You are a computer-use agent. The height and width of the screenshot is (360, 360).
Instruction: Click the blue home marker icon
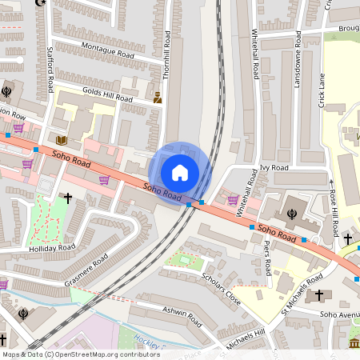(180, 172)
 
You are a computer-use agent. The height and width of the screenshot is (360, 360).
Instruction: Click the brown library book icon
(59, 138)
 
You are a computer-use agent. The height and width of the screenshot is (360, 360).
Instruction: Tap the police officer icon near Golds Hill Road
(158, 98)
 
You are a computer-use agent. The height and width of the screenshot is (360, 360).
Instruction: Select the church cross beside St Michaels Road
(319, 295)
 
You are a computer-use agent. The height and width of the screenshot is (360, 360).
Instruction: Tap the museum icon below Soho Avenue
(354, 343)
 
